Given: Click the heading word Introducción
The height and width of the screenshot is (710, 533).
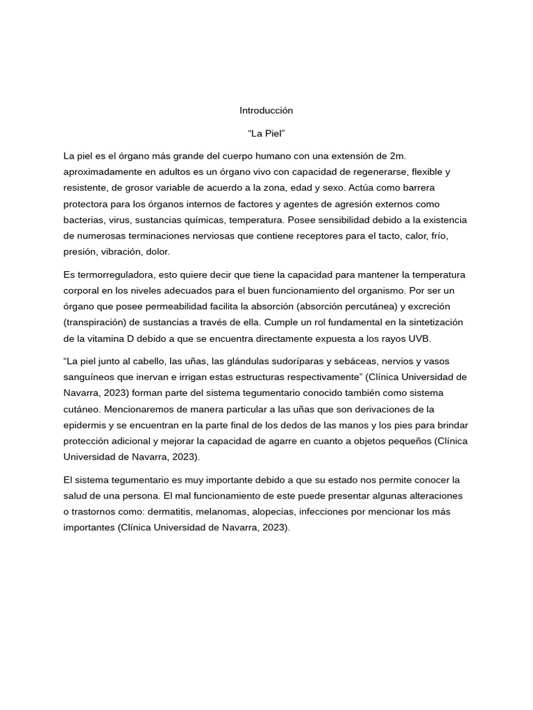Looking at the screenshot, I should (x=266, y=110).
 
